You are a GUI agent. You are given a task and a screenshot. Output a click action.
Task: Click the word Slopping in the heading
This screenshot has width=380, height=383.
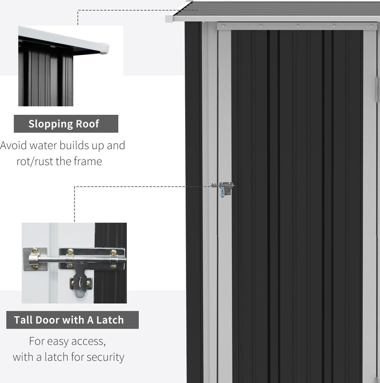pyautogui.click(x=50, y=124)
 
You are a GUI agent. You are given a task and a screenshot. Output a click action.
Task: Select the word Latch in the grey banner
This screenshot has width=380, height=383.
pyautogui.click(x=110, y=320)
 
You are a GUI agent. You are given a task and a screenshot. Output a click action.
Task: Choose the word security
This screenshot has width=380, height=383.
pyautogui.click(x=105, y=357)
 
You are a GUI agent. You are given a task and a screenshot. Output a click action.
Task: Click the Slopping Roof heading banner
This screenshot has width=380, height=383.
pyautogui.click(x=66, y=124)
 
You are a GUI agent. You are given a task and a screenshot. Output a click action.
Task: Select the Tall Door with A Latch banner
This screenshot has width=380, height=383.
pyautogui.click(x=72, y=320)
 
